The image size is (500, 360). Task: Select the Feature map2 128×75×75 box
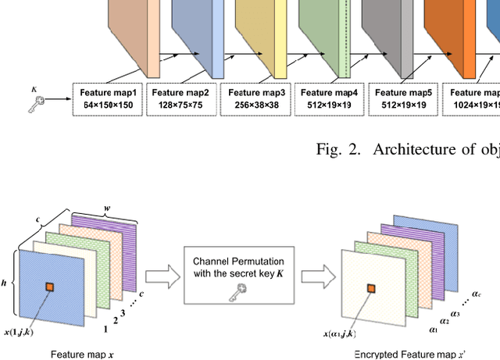click(181, 99)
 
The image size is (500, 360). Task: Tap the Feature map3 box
click(255, 99)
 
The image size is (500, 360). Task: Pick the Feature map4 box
click(329, 99)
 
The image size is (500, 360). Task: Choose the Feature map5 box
click(402, 99)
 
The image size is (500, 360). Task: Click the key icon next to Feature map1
click(37, 99)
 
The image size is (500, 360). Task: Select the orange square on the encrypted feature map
click(371, 291)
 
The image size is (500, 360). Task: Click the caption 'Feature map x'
click(82, 354)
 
